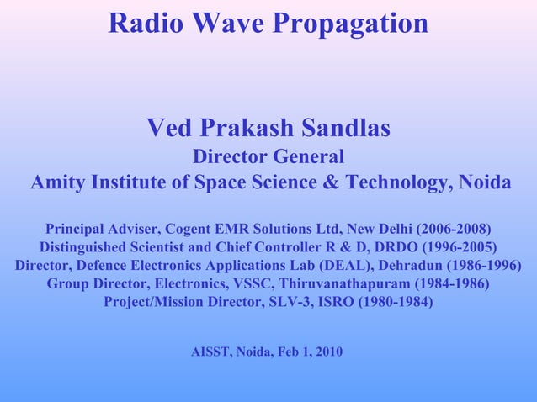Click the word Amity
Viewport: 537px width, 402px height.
[x=57, y=182]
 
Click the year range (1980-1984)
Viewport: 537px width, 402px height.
[x=395, y=302]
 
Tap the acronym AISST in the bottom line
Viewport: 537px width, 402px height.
[x=212, y=352]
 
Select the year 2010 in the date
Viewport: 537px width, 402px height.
[x=328, y=352]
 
